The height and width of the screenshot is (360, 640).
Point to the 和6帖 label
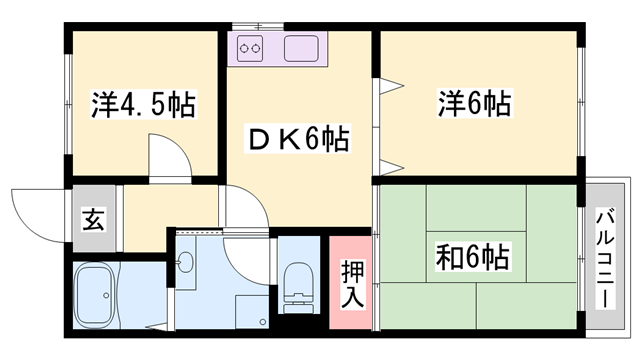click(473, 257)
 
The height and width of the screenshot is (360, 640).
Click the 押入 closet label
click(352, 283)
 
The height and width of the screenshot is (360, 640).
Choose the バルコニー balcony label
click(606, 257)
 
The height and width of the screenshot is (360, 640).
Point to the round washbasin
click(186, 264)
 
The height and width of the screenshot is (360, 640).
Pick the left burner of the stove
click(243, 48)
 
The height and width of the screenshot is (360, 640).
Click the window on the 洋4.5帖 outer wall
click(67, 104)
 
